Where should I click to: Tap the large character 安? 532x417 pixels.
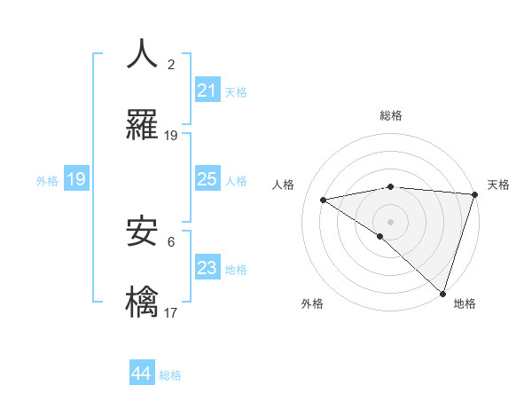tap(142, 232)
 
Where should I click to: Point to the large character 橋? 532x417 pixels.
tap(142, 303)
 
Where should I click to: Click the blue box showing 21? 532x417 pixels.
tap(207, 90)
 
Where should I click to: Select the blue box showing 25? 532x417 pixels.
tap(207, 180)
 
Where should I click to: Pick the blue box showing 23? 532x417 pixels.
tap(207, 268)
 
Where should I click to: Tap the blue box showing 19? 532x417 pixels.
tap(76, 180)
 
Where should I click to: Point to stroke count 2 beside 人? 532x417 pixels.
tap(171, 64)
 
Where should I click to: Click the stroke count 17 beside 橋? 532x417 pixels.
tap(171, 313)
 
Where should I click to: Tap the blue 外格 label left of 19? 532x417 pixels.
tap(47, 181)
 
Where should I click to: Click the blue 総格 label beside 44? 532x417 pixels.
tap(170, 375)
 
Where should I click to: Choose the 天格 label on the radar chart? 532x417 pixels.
tap(498, 185)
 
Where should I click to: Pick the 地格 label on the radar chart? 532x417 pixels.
tap(465, 303)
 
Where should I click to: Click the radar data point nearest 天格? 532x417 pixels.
tap(474, 194)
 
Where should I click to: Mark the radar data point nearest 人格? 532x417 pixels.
tap(324, 200)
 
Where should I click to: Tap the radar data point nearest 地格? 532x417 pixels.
tap(443, 294)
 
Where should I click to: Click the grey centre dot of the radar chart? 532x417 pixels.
tap(390, 221)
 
